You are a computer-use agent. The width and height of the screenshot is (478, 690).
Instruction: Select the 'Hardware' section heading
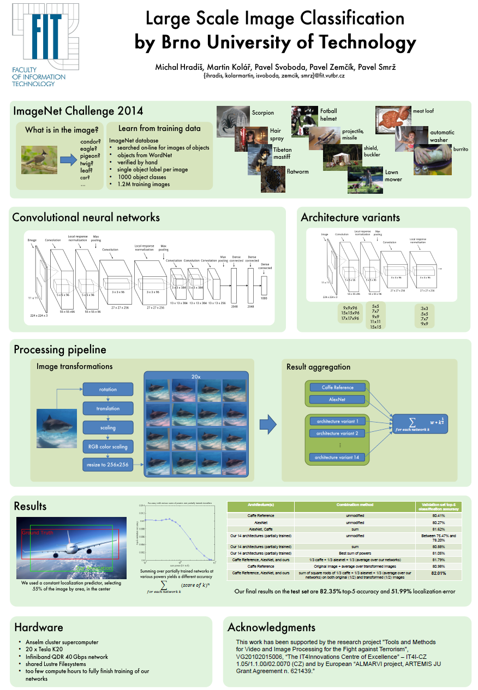[x=39, y=627]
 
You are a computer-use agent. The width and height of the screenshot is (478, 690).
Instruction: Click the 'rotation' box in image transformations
[x=107, y=389]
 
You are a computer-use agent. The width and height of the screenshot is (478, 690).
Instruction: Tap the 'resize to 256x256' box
[x=107, y=465]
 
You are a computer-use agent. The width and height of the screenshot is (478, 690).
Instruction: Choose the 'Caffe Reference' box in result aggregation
[x=337, y=388]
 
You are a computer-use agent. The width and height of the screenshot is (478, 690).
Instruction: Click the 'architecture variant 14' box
[x=337, y=457]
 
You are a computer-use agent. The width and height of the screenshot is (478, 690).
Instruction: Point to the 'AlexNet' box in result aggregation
[x=337, y=400]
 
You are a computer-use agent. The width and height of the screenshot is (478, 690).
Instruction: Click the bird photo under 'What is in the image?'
[x=39, y=159]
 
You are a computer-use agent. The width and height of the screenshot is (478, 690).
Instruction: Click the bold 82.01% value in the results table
[x=438, y=573]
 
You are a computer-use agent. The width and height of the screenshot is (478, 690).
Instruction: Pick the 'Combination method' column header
[x=354, y=505]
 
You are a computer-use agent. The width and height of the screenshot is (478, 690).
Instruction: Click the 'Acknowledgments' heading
[x=271, y=627]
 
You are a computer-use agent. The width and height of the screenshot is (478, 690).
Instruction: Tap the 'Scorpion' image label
[x=262, y=113]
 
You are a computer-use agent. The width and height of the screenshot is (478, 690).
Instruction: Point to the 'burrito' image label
[x=460, y=149]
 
